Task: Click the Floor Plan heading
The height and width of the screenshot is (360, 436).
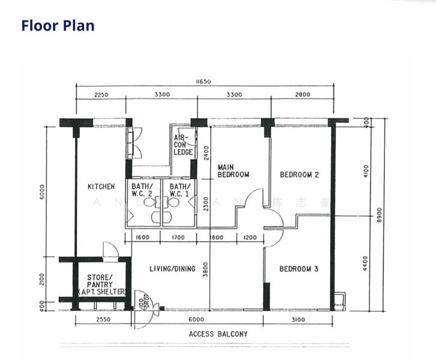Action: [x=58, y=25]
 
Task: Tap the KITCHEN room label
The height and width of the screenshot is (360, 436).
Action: [x=101, y=187]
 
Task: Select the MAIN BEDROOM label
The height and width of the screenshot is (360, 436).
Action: [x=233, y=171]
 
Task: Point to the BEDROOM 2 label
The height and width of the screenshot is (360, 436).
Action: [x=299, y=175]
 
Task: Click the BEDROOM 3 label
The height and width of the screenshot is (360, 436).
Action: [x=298, y=269]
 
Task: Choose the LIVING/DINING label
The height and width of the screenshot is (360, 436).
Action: [x=172, y=269]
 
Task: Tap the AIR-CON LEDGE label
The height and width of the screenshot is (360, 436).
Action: [x=183, y=145]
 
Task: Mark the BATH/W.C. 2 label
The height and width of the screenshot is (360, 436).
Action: [x=142, y=190]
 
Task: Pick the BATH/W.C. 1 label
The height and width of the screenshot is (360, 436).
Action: [x=179, y=190]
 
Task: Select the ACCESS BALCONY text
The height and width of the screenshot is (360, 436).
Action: [x=218, y=334]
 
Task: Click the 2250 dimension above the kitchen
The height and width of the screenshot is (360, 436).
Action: [x=100, y=94]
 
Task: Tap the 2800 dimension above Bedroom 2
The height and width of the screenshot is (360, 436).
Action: [x=302, y=94]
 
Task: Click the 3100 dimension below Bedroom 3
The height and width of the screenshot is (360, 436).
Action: [x=298, y=320]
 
